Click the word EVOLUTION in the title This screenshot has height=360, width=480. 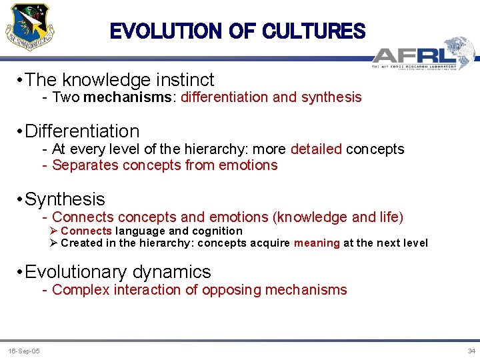tap(165, 31)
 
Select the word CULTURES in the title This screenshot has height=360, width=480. tap(314, 31)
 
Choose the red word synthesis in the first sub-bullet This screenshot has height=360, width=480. tap(331, 97)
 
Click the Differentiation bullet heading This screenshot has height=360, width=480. tap(82, 131)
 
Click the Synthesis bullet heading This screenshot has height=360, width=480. tap(65, 199)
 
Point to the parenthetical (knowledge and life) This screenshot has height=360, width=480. tap(338, 217)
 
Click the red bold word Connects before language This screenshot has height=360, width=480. tap(86, 231)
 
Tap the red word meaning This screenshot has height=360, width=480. tap(317, 243)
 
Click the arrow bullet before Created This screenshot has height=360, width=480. tap(54, 243)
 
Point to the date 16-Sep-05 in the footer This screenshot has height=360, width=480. tap(23, 351)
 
